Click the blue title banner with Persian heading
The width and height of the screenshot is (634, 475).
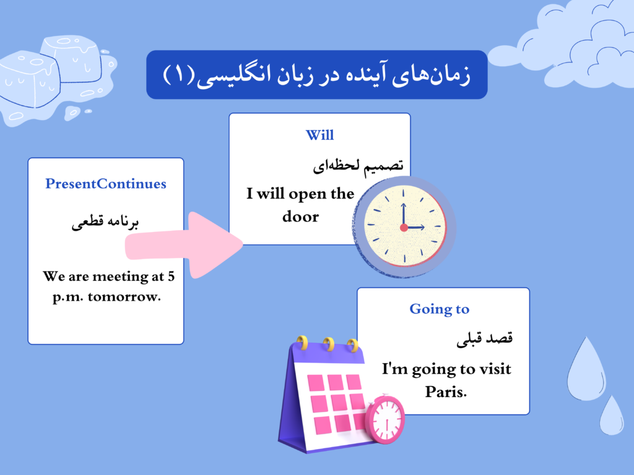316,75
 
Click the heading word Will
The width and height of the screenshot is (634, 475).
319,135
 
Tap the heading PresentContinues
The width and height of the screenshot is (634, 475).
106,184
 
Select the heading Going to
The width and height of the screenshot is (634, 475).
440,309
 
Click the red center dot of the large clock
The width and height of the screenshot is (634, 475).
404,228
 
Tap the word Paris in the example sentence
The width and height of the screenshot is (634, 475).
445,392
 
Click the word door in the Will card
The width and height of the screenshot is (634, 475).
300,216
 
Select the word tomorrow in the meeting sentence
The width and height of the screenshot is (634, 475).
124,296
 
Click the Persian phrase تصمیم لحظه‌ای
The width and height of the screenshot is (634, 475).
358,165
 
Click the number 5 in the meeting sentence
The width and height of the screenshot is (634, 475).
171,276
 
